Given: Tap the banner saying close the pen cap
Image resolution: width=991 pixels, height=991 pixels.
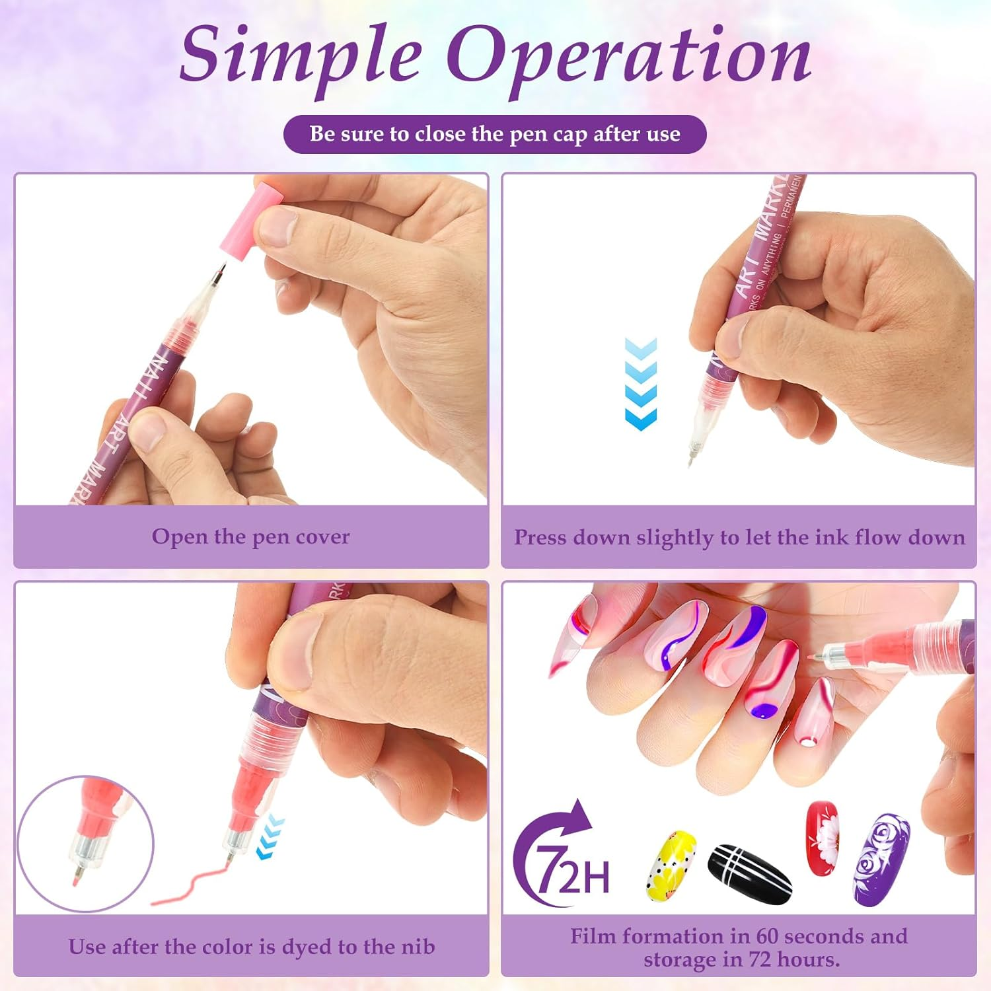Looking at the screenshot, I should click(495, 134).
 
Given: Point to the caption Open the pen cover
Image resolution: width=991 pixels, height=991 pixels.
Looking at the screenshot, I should click(250, 536).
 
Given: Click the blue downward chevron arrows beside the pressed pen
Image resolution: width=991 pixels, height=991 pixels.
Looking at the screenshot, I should click(640, 385).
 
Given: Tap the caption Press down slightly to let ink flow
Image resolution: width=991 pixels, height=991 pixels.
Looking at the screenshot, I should click(739, 537).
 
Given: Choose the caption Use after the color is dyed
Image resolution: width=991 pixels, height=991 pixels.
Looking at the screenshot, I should click(251, 947).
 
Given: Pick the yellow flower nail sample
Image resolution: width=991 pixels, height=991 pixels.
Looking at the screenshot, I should click(670, 865).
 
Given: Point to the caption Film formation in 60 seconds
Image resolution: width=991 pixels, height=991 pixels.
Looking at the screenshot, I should click(739, 947).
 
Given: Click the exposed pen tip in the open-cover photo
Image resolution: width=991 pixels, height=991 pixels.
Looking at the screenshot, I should click(221, 273).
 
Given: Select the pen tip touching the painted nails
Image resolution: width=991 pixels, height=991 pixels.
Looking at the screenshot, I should click(817, 658).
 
